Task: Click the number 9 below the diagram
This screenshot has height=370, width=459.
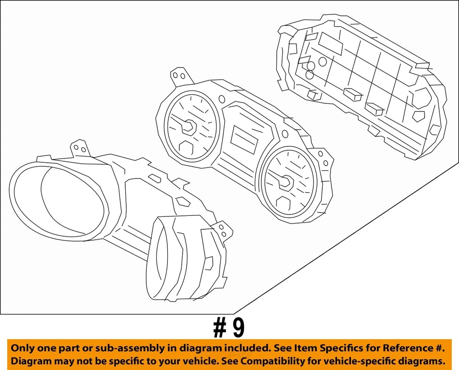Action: pos(238,328)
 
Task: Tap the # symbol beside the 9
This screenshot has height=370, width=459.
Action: pos(219,328)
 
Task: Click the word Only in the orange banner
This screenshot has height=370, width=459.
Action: pos(23,348)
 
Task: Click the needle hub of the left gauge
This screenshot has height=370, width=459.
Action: pos(188,126)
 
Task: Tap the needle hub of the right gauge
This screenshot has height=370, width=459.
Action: pos(287,181)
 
